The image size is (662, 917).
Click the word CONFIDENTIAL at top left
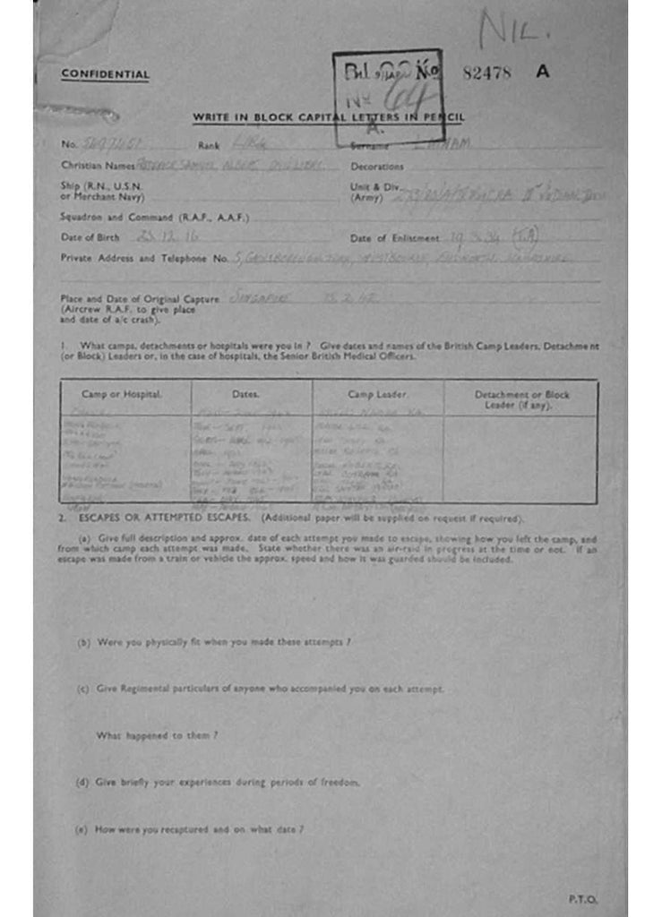point(105,74)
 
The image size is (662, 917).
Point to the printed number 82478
point(486,73)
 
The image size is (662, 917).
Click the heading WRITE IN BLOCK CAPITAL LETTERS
point(329,118)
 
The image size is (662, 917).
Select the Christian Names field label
point(98,166)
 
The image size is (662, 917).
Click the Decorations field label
point(376,167)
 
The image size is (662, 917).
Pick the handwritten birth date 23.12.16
point(168,237)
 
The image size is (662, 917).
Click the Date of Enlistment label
point(394,238)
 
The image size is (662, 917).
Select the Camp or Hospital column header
point(125,395)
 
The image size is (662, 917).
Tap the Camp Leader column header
point(377,395)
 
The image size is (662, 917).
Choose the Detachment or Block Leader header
point(521,399)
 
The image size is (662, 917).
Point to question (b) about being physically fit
point(215,642)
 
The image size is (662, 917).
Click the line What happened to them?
point(158,735)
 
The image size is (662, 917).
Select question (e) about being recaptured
point(191,829)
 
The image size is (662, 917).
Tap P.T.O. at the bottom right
point(582,898)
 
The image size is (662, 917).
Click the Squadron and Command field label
point(154,217)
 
